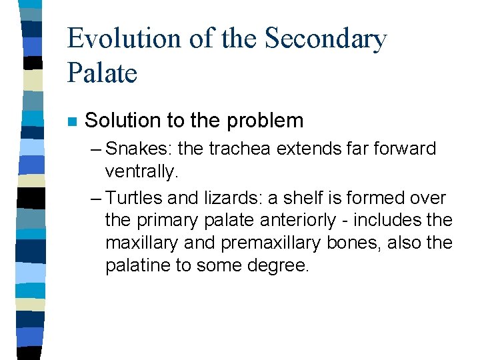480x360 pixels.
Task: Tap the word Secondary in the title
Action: pyautogui.click(x=325, y=39)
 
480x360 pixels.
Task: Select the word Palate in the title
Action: pyautogui.click(x=102, y=71)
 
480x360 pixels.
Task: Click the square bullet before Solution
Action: pyautogui.click(x=72, y=122)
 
